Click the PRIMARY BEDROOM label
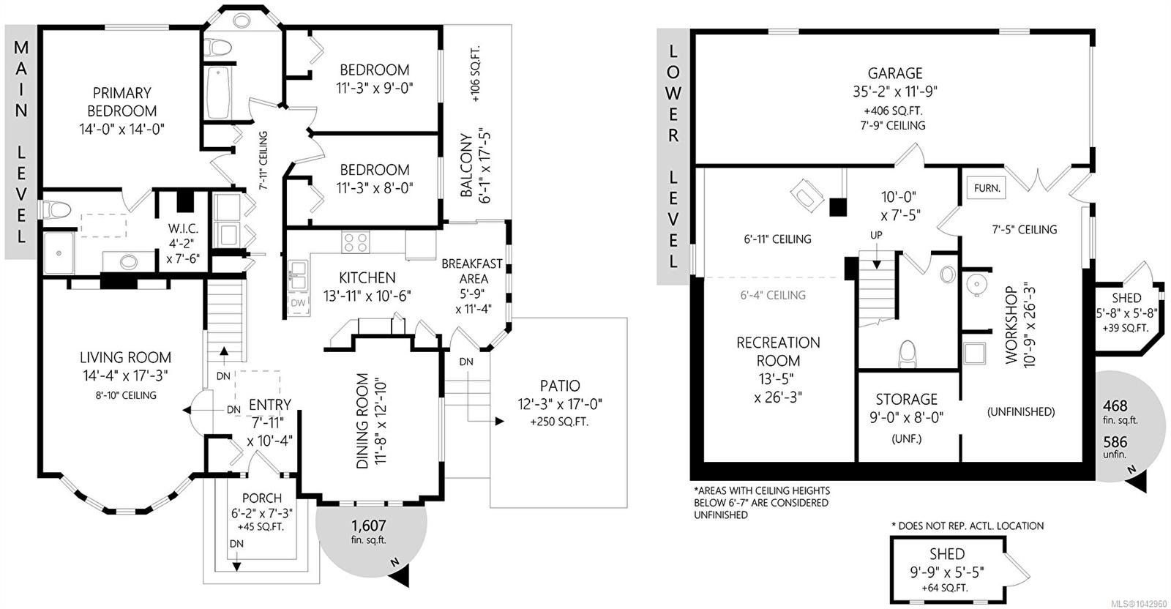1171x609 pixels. tap(121, 102)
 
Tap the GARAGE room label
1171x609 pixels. tap(895, 73)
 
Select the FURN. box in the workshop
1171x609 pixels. tap(987, 188)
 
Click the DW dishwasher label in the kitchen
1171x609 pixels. tap(298, 303)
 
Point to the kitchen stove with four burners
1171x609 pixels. tap(356, 242)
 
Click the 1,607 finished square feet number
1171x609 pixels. tap(369, 526)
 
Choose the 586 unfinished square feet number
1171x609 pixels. tap(1115, 441)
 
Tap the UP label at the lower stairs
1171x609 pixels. tap(876, 235)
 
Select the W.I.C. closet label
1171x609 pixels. tap(183, 228)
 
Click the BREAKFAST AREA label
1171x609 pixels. tap(472, 272)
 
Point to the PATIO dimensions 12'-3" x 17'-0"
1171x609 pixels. tap(560, 404)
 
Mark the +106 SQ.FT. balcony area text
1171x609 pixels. tap(475, 74)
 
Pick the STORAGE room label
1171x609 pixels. tap(907, 400)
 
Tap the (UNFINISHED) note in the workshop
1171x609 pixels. tap(1020, 412)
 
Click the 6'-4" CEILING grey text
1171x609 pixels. tap(773, 296)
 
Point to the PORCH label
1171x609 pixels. tap(262, 498)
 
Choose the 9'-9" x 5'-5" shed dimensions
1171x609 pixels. tap(947, 572)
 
